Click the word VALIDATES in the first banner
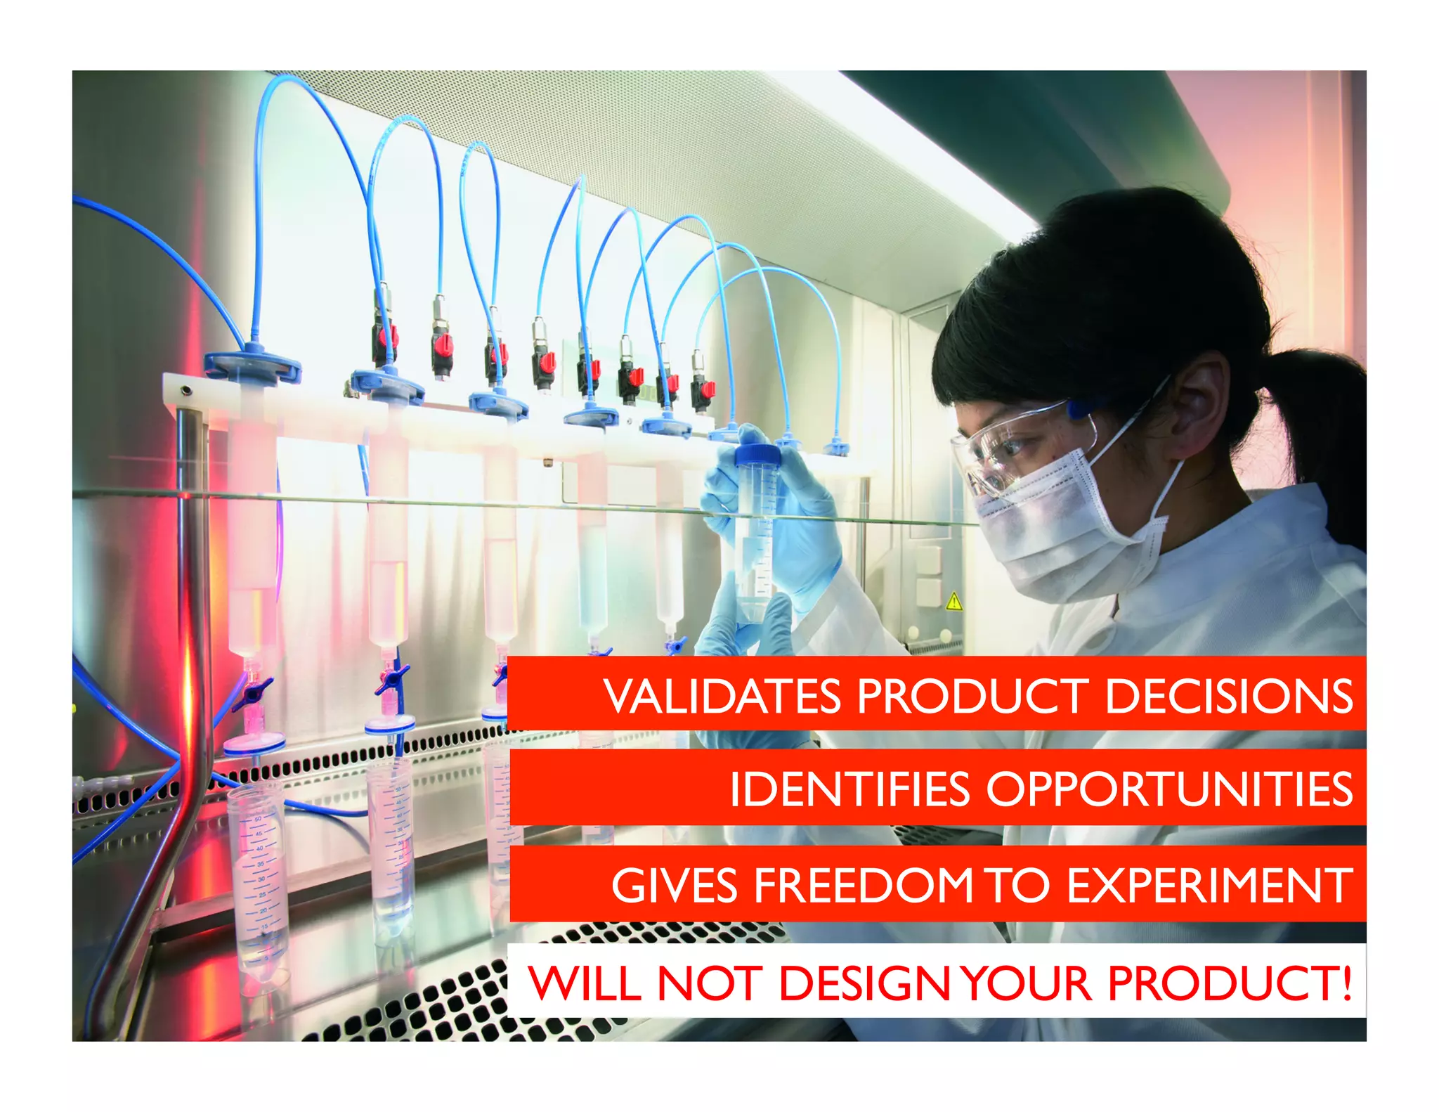pyautogui.click(x=722, y=697)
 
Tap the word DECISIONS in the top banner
pyautogui.click(x=1229, y=697)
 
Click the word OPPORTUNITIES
pyautogui.click(x=1169, y=789)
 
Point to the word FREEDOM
pyautogui.click(x=863, y=885)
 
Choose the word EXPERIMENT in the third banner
pyautogui.click(x=1210, y=885)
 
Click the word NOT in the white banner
pyautogui.click(x=710, y=983)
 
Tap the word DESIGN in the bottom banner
pyautogui.click(x=866, y=983)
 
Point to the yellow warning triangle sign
pyautogui.click(x=953, y=602)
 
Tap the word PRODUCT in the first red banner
pyautogui.click(x=972, y=697)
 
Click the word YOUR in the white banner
pyautogui.click(x=1027, y=983)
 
